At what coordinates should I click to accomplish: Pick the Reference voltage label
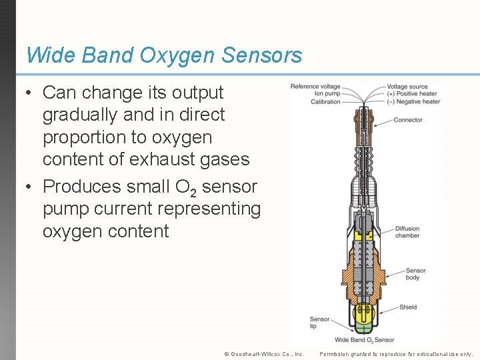[x=315, y=87]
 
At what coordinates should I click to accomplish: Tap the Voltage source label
[x=407, y=87]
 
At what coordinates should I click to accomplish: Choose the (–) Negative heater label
[x=413, y=102]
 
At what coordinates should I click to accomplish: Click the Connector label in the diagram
[x=407, y=120]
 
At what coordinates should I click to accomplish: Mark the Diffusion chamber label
[x=407, y=233]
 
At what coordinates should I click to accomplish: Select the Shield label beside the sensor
[x=408, y=307]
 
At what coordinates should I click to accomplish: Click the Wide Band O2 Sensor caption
[x=364, y=340]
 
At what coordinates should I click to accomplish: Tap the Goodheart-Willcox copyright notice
[x=264, y=354]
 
